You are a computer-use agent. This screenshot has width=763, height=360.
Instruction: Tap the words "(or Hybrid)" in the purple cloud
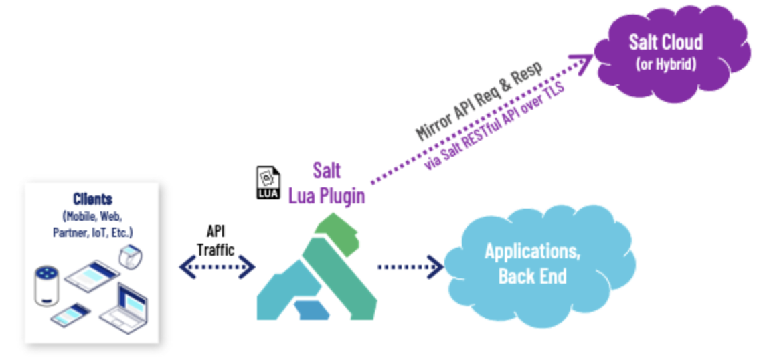point(666,64)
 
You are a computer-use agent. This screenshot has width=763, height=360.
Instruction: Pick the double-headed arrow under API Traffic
point(218,268)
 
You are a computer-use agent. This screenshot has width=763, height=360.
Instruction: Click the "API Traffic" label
point(217,239)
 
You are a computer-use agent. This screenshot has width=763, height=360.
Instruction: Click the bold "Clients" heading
point(92,199)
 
